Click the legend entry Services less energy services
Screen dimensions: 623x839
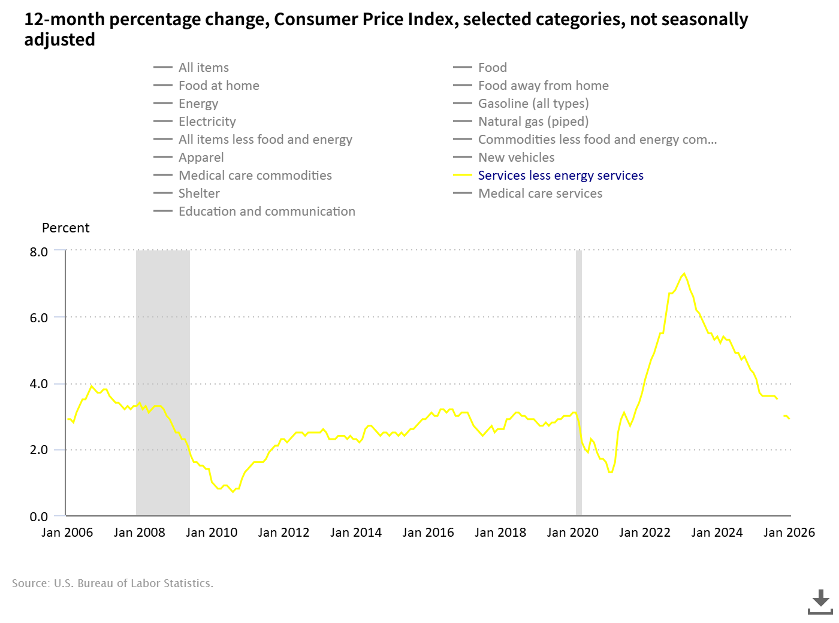click(x=560, y=176)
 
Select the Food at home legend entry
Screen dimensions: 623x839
click(x=219, y=86)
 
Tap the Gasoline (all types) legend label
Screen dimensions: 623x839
click(x=533, y=104)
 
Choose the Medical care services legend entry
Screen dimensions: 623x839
click(x=540, y=193)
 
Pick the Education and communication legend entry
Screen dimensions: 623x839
click(x=267, y=211)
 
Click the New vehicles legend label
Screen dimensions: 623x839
click(x=516, y=158)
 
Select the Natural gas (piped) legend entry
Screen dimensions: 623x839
click(x=533, y=122)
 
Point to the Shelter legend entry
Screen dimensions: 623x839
click(x=199, y=193)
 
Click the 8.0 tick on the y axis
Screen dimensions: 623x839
click(x=39, y=252)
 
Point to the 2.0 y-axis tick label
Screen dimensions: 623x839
click(x=39, y=450)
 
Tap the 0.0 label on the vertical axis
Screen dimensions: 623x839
click(x=39, y=516)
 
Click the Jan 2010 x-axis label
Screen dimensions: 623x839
click(x=212, y=533)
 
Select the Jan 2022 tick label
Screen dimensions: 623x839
click(x=645, y=533)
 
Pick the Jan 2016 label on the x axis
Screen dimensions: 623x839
click(x=428, y=533)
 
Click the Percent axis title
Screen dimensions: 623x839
click(x=65, y=228)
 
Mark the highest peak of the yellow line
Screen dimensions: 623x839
click(x=684, y=274)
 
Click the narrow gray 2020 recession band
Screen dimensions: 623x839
click(x=579, y=383)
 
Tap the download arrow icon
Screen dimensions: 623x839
click(x=820, y=601)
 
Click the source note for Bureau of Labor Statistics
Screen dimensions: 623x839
click(x=113, y=583)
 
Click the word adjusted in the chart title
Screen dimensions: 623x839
click(x=59, y=40)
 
